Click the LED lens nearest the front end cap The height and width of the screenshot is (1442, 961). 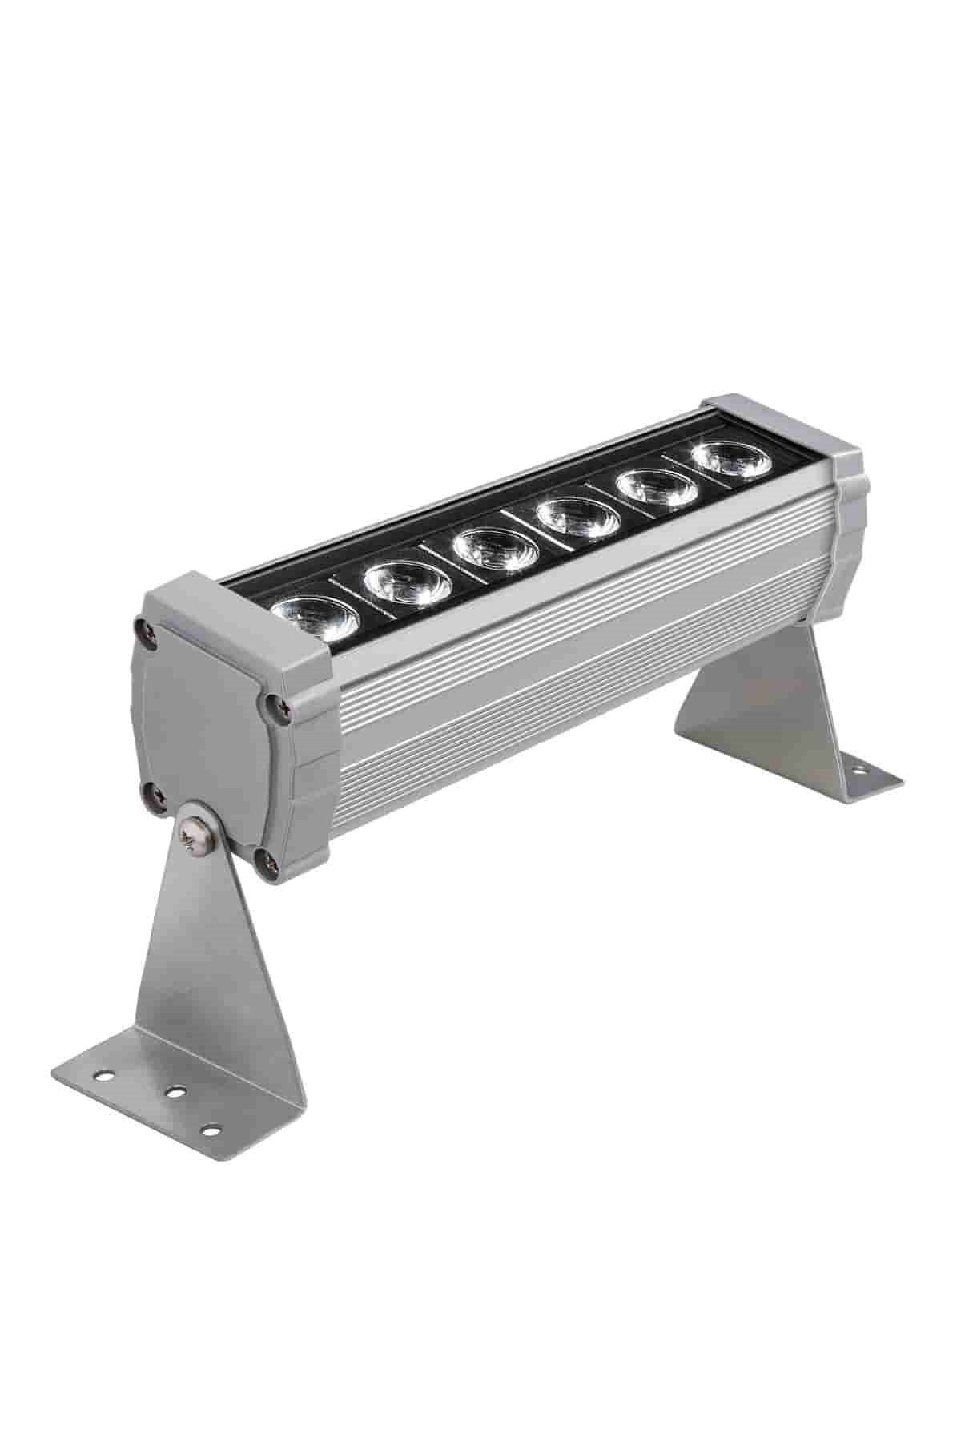click(314, 619)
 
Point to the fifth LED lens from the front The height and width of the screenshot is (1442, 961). click(655, 486)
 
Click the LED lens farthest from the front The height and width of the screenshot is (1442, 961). click(727, 459)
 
